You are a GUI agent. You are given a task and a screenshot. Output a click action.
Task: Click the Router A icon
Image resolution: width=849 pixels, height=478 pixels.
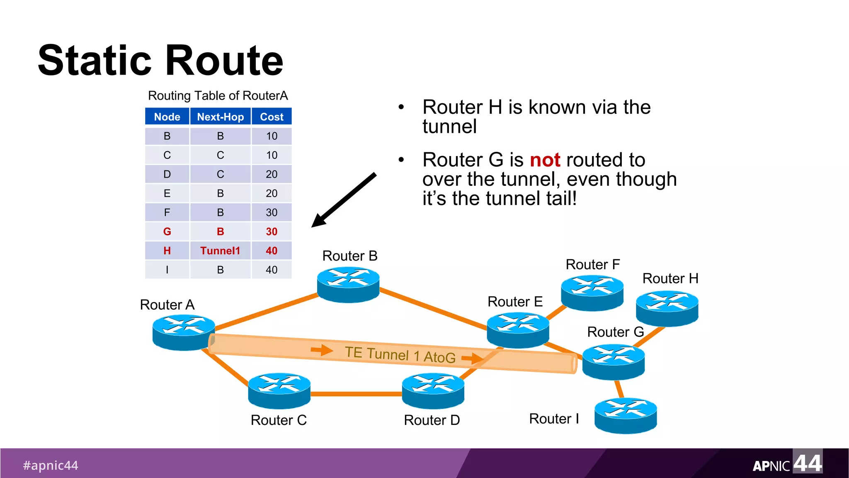(x=183, y=332)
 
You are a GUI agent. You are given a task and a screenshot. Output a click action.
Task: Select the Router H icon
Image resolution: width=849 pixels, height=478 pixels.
(x=667, y=308)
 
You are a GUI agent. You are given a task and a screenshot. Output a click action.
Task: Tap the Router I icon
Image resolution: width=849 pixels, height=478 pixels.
(x=626, y=416)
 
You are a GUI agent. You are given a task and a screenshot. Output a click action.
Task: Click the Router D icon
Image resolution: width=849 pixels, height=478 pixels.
(x=433, y=390)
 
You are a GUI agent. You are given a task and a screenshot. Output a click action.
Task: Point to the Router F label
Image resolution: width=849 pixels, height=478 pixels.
(x=592, y=264)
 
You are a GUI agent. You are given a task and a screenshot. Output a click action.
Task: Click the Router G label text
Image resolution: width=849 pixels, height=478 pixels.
(x=615, y=332)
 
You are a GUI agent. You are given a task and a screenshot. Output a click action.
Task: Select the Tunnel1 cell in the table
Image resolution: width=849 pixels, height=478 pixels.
(x=220, y=251)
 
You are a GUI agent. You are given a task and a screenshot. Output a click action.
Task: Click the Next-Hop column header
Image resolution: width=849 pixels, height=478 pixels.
(x=220, y=117)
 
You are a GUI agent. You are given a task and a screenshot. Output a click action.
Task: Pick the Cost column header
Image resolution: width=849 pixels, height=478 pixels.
(x=272, y=117)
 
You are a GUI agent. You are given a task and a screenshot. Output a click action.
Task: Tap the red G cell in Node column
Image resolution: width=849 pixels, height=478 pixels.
(x=167, y=232)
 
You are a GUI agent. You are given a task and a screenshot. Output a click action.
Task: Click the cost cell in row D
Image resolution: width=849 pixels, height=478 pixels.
(x=272, y=174)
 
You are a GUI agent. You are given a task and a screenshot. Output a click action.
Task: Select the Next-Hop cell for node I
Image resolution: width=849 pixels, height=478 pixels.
(x=220, y=270)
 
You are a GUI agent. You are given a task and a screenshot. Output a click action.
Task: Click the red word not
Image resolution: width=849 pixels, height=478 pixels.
(x=545, y=160)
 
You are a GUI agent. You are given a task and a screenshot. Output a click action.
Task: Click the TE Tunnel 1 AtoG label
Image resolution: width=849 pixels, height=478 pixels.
(x=400, y=355)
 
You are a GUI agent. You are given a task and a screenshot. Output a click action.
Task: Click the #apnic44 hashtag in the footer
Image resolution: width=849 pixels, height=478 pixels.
(x=51, y=465)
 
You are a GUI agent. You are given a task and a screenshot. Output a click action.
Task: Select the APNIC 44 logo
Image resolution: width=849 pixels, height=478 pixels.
(x=787, y=463)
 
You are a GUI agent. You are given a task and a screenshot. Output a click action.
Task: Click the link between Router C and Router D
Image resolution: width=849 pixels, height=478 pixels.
(x=356, y=394)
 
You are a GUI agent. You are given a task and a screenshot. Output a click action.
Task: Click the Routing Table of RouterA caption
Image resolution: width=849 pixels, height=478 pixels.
(x=218, y=96)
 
